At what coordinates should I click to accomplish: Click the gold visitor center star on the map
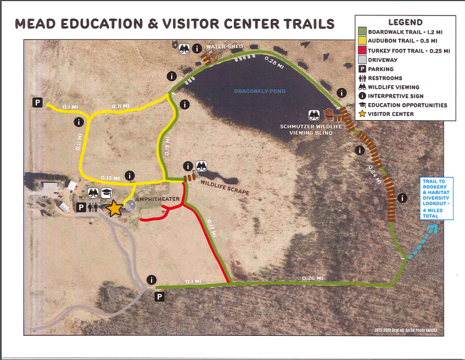coord(115,208)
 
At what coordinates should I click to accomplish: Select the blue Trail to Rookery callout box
coord(437,198)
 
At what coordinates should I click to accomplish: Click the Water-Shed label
coord(225,47)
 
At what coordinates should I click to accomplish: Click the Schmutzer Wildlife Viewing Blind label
coord(311,130)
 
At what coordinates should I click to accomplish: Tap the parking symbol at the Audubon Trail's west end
coord(37,103)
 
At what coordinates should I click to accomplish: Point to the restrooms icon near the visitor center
coord(94,207)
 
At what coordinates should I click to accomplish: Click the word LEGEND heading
coord(405,22)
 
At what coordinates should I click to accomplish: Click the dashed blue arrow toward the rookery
coord(424,237)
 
